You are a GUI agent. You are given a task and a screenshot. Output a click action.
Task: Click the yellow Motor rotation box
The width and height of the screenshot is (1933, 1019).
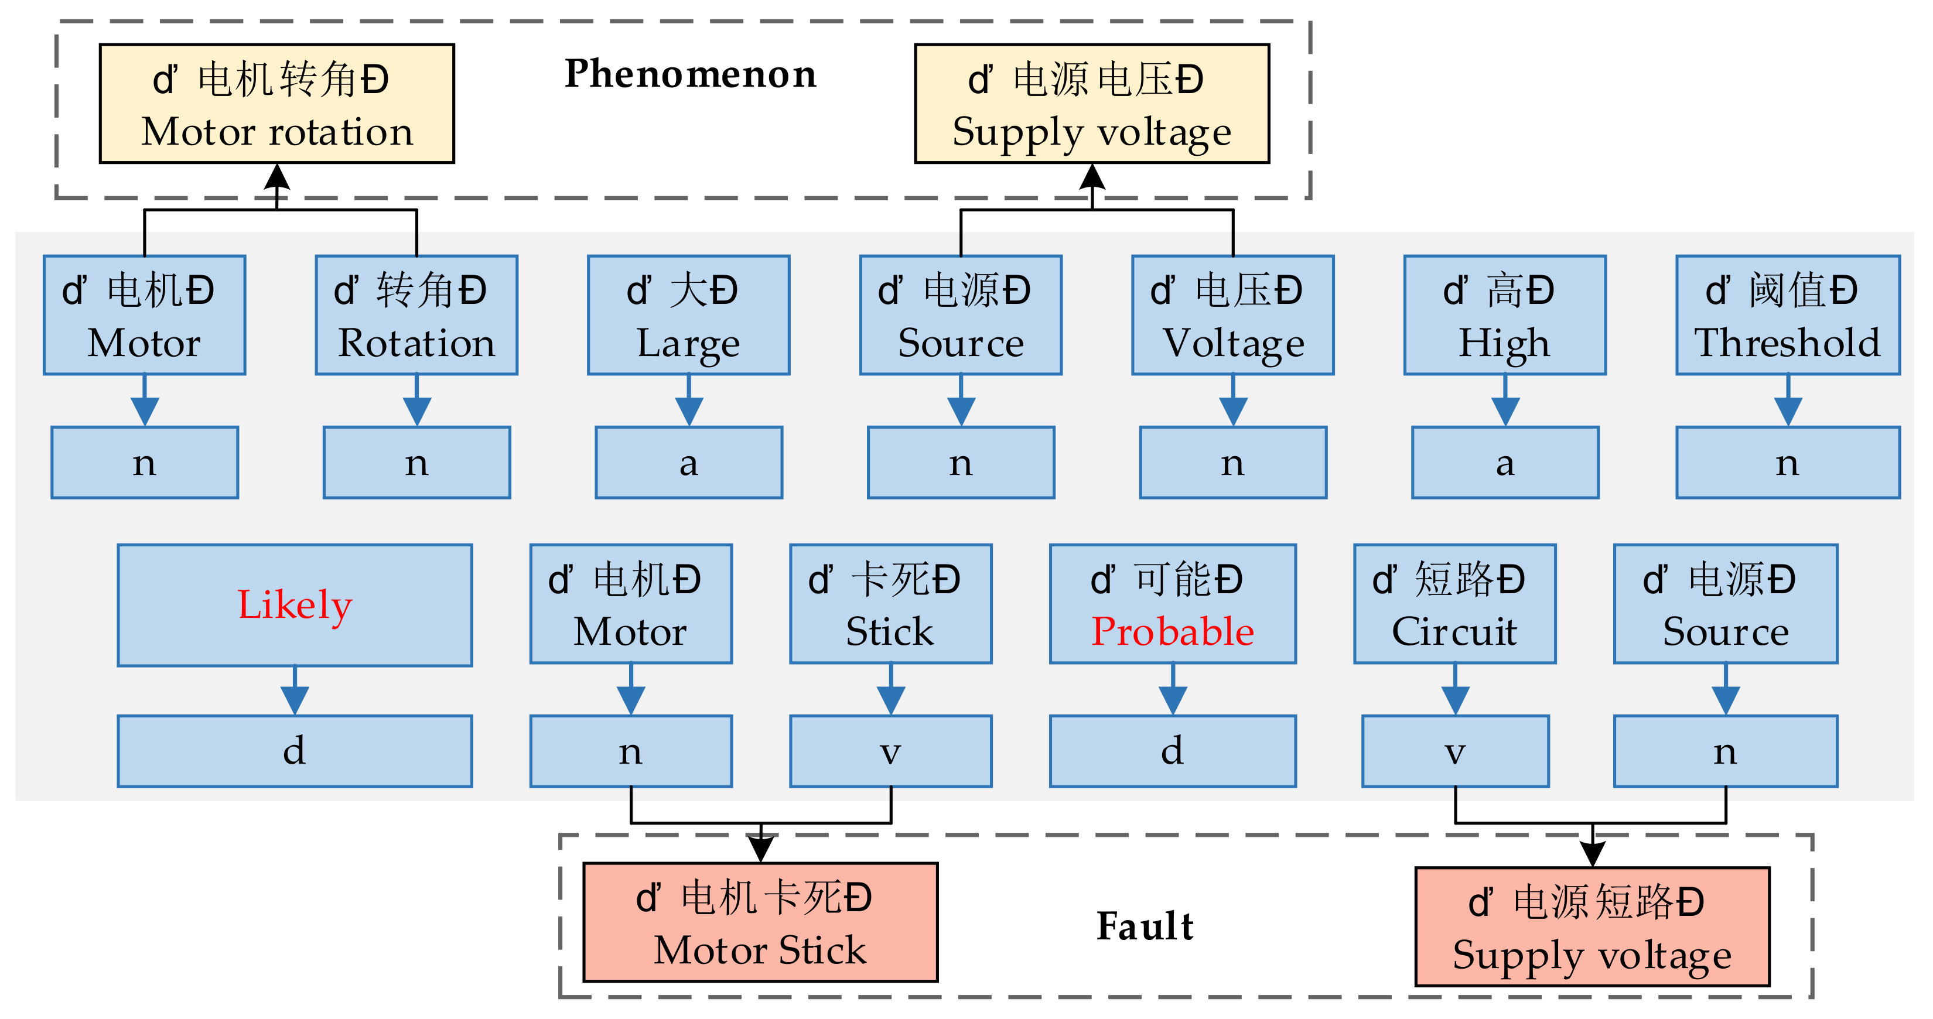[x=277, y=104]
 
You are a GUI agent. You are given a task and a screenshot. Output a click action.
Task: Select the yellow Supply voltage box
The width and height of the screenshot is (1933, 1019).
[x=1092, y=104]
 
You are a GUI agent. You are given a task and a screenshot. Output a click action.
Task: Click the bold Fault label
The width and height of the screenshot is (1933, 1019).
[x=1145, y=926]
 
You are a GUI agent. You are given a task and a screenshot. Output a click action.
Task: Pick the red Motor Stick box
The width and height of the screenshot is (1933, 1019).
[x=760, y=922]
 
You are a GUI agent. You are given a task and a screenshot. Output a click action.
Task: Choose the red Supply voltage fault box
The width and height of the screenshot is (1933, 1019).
[x=1592, y=926]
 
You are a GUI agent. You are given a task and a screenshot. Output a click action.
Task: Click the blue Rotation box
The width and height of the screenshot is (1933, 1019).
[x=416, y=315]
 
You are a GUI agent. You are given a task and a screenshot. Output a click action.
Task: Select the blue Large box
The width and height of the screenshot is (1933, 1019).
[x=688, y=315]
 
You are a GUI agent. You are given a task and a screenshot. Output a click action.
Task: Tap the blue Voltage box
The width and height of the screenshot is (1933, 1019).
[x=1233, y=315]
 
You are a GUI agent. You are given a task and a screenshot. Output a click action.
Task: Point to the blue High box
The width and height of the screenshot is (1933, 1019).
[x=1505, y=315]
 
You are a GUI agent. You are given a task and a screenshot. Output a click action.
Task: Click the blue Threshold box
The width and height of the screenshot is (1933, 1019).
[x=1787, y=315]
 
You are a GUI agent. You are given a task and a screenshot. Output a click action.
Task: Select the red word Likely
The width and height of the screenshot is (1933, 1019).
[x=295, y=605]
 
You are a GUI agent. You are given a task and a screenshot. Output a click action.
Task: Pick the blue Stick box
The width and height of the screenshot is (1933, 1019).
[x=891, y=604]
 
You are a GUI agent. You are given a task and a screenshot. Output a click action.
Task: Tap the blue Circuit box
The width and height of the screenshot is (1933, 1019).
[x=1454, y=604]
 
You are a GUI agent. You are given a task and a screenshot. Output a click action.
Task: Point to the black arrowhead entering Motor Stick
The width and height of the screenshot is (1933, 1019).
[x=761, y=849]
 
